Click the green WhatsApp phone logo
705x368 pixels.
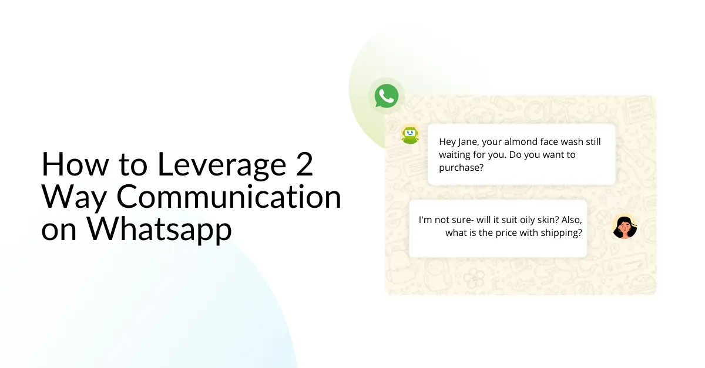(387, 96)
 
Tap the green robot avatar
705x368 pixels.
(409, 135)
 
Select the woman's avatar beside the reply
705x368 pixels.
(625, 227)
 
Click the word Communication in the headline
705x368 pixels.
(229, 197)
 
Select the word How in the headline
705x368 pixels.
(68, 165)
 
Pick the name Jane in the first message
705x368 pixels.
(467, 142)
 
